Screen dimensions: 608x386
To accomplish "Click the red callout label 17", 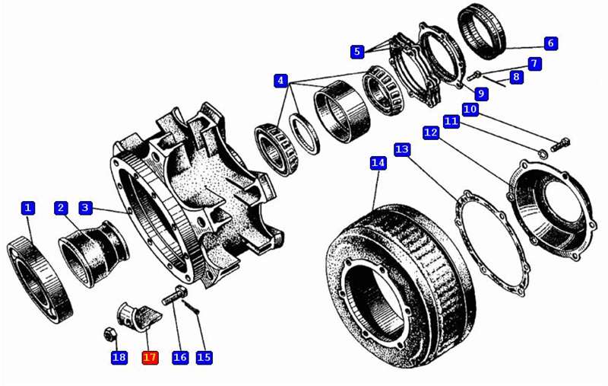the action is tap(150, 357).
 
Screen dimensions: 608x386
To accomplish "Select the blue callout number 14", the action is tap(378, 163).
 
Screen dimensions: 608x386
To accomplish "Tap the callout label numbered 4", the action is tap(280, 81).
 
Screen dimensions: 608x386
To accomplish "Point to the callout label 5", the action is tap(357, 51).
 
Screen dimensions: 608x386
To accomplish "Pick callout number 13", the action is tap(402, 149).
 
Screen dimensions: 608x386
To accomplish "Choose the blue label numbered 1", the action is tap(27, 208).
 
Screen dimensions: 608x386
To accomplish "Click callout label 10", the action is tap(470, 109).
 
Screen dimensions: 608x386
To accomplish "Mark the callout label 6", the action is tap(550, 43).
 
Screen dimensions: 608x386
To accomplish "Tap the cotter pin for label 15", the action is tap(191, 307).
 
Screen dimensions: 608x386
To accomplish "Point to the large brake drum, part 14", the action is tap(401, 286).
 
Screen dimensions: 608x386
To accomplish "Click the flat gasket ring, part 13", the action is tap(492, 244).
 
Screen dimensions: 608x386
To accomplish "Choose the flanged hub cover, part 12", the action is tap(552, 210).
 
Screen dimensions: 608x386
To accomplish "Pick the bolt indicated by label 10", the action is tap(560, 145).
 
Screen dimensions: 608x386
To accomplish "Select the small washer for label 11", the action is tap(542, 153).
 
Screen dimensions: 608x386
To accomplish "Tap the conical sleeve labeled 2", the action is tap(93, 254).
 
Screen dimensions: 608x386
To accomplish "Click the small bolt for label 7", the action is tap(473, 75).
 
